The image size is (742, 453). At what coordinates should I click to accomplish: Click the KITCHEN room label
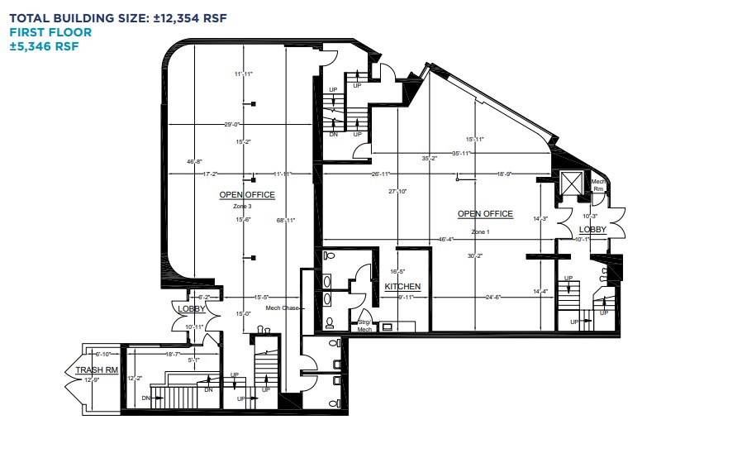pos(402,287)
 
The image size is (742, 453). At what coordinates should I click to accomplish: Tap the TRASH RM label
pos(93,370)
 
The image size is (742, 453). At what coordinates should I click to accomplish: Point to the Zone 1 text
pos(480,232)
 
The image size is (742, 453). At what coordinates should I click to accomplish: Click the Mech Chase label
pos(282,308)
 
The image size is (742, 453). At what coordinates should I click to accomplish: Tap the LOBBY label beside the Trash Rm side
pos(192,308)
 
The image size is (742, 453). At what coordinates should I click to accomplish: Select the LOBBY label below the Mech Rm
pos(592,229)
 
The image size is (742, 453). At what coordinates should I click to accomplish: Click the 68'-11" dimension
pos(286,220)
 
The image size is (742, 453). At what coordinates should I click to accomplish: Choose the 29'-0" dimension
pos(233,125)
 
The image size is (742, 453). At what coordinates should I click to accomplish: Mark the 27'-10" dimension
pos(398,191)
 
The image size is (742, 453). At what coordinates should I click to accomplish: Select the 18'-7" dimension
pos(173,354)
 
